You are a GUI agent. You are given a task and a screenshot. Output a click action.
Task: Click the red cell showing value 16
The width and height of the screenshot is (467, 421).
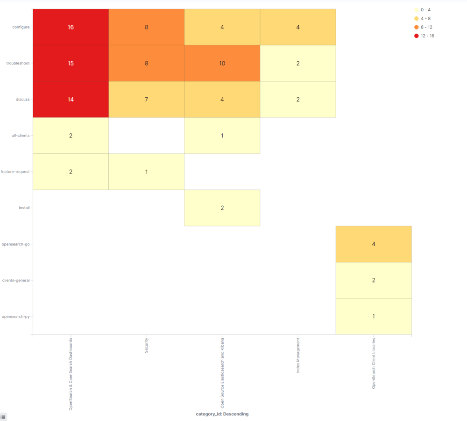pos(71,27)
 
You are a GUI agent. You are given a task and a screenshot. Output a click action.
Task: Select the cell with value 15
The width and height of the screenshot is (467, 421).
pos(71,63)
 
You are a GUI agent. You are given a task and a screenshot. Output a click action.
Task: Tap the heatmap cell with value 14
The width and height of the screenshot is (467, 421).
pos(71,99)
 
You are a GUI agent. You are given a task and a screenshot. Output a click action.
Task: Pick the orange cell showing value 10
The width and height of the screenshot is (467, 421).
pos(222,63)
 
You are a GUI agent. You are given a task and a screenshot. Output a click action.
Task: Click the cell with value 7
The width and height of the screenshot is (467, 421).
pos(146,99)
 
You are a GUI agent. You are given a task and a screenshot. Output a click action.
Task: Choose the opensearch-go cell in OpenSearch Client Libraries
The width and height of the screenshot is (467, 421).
pos(374,244)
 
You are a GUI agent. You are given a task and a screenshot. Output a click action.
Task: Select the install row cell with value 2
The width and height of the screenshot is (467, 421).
pos(222,208)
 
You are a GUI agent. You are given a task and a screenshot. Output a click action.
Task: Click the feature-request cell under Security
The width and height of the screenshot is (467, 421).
pos(146,172)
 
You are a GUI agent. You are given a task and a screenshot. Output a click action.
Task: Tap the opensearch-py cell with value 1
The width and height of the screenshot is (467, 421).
pos(374,316)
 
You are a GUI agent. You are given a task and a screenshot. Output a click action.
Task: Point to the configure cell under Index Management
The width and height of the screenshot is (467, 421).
pos(298,27)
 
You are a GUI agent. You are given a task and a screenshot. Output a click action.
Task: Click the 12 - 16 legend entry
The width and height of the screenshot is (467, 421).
pos(427,36)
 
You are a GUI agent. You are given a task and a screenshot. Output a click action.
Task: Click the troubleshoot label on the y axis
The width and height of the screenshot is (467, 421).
pos(18,63)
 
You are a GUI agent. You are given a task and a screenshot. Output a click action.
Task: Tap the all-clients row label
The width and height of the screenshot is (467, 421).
pos(21,136)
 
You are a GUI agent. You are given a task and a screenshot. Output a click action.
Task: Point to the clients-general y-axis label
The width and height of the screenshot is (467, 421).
pos(16,280)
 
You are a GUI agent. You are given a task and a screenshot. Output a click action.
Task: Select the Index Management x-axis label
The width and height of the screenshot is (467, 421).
pos(298,356)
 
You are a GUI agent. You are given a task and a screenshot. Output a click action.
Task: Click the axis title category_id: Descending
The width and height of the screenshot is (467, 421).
pos(222,414)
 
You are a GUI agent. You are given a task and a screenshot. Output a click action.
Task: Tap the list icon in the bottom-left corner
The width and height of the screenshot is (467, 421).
pos(3,417)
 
